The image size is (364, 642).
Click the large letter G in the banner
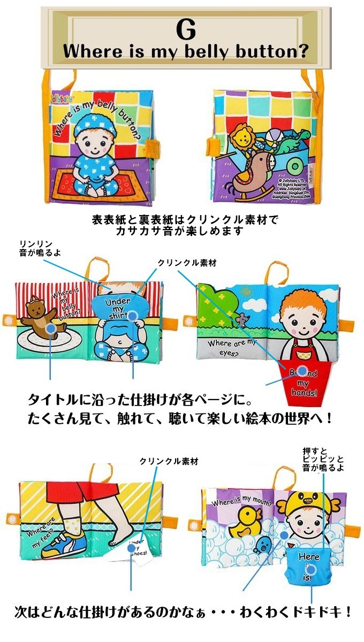185,30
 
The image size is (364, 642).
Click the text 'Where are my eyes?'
229,347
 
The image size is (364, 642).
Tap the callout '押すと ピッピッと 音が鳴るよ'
323,459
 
